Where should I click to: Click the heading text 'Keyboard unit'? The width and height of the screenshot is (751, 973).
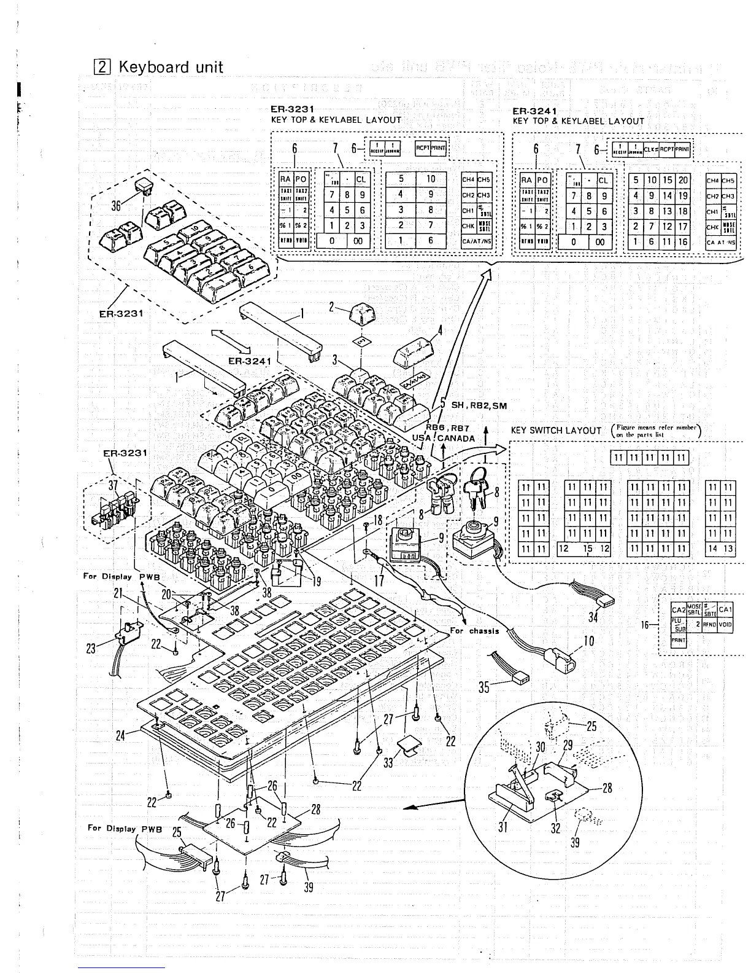click(x=171, y=66)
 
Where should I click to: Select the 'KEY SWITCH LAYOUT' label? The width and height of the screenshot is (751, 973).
click(x=556, y=431)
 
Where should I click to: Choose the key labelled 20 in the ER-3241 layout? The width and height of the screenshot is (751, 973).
click(x=683, y=180)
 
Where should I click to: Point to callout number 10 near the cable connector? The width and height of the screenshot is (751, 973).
click(x=588, y=642)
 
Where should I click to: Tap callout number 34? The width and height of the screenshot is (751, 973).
click(x=593, y=617)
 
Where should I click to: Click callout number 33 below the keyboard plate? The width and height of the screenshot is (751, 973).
click(x=388, y=763)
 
